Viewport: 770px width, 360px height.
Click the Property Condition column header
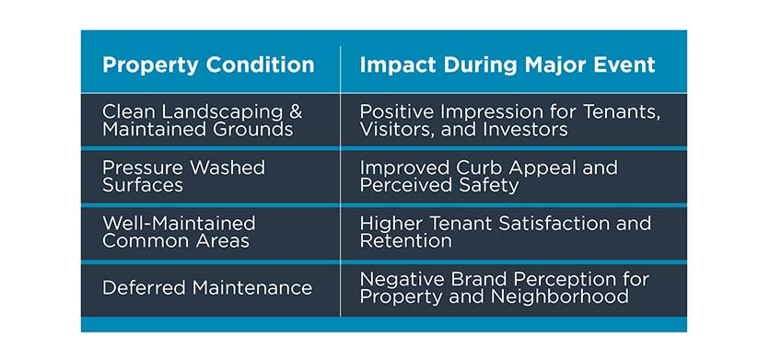tap(208, 65)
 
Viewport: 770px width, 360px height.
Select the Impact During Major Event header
tap(507, 65)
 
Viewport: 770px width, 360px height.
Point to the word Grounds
tap(251, 130)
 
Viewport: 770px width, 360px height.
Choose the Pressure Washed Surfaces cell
tap(183, 177)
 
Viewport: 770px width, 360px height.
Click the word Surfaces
tap(143, 185)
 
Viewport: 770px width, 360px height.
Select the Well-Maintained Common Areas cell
tap(179, 232)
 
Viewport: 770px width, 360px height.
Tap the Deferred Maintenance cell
tap(207, 288)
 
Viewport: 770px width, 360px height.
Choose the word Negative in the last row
tap(399, 279)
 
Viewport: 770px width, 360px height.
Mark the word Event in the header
tap(624, 65)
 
